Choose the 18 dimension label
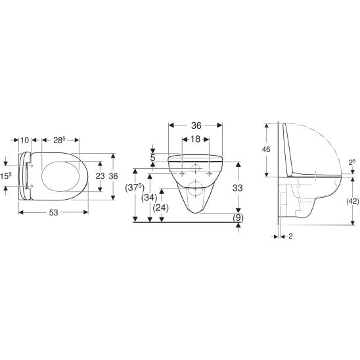tap(195, 140)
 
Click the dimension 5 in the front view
tap(152, 158)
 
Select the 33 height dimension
tap(238, 188)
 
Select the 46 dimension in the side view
tap(266, 150)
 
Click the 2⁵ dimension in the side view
tap(351, 162)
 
